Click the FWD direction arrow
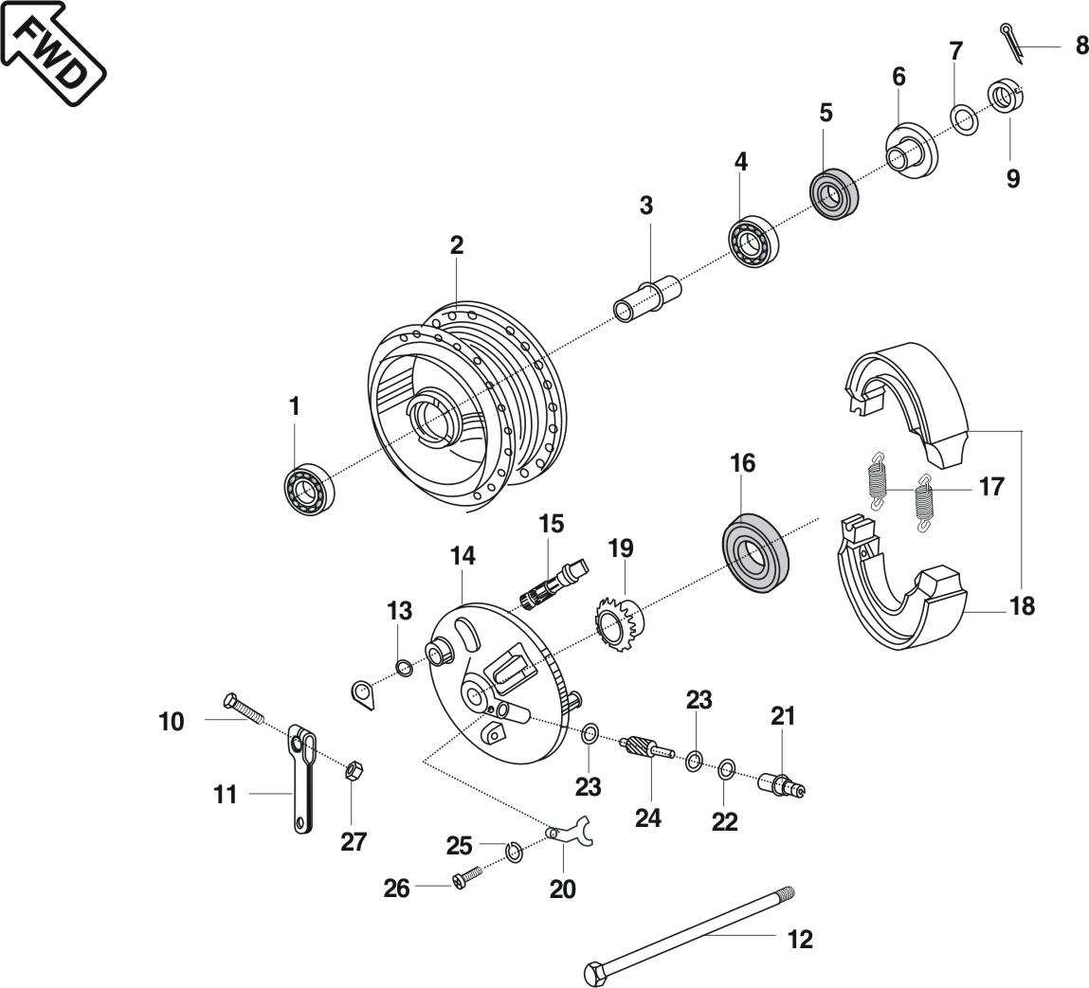tap(52, 52)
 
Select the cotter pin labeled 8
tap(1011, 44)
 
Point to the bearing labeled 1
tap(305, 490)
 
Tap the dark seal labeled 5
tap(834, 194)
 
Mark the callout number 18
tap(1022, 605)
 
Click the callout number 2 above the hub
tap(457, 245)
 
